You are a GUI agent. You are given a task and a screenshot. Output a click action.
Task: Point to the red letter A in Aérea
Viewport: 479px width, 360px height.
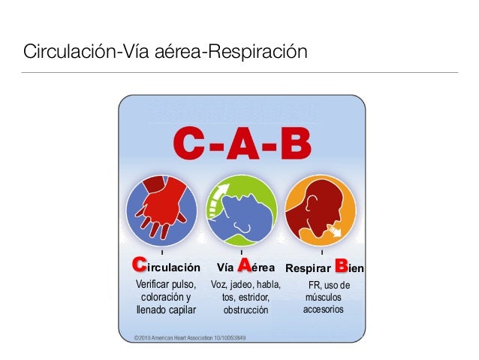[x=244, y=265]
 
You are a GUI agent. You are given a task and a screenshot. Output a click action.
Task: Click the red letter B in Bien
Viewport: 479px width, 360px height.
[x=341, y=265]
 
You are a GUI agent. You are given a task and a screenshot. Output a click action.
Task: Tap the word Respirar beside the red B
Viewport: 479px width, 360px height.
[x=308, y=267]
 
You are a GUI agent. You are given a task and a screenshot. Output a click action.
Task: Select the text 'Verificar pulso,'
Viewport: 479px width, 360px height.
[x=164, y=284]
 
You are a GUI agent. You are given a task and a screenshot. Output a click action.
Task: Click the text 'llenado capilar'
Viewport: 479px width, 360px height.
[x=164, y=310]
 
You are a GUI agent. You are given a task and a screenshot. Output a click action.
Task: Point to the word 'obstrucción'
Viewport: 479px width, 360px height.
[x=246, y=310]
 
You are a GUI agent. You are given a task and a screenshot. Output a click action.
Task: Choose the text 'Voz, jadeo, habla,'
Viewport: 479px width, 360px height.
[x=246, y=284]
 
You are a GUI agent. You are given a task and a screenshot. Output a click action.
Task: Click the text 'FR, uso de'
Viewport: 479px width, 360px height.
[x=330, y=285]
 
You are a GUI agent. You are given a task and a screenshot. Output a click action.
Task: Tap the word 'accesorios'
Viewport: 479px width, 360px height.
[x=324, y=310]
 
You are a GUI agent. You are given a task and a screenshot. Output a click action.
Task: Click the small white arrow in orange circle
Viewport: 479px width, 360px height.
[x=334, y=229]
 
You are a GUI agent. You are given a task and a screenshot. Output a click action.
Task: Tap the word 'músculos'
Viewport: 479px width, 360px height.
[x=324, y=298]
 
